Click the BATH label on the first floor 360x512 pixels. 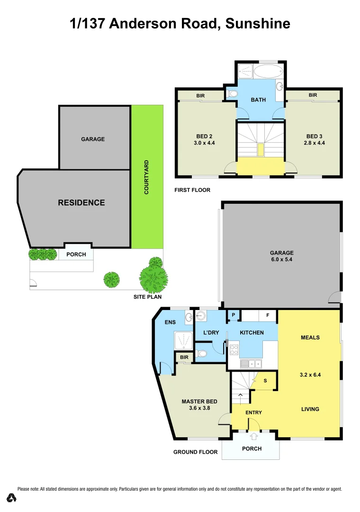pyautogui.click(x=258, y=100)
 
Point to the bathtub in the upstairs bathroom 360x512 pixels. pyautogui.click(x=268, y=72)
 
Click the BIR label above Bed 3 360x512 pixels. pyautogui.click(x=313, y=95)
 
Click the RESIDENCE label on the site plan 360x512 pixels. pyautogui.click(x=81, y=202)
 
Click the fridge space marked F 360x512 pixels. pyautogui.click(x=268, y=315)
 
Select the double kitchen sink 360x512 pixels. pyautogui.click(x=252, y=364)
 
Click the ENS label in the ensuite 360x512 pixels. pyautogui.click(x=170, y=322)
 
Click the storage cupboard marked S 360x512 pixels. pyautogui.click(x=265, y=381)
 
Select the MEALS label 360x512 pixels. pyautogui.click(x=310, y=338)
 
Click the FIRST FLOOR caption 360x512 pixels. pyautogui.click(x=193, y=190)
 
